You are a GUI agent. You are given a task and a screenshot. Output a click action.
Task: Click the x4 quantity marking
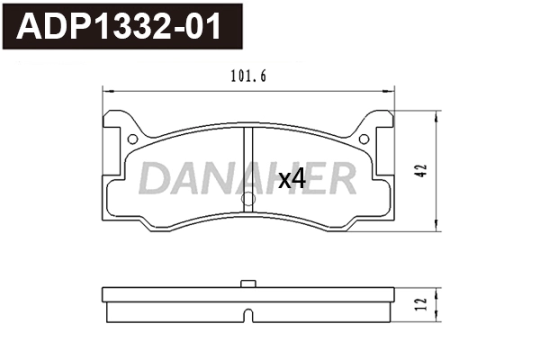pyautogui.click(x=292, y=179)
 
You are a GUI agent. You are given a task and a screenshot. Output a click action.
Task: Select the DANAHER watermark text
pyautogui.click(x=247, y=180)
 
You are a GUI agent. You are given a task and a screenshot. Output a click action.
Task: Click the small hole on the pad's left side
pyautogui.click(x=133, y=139)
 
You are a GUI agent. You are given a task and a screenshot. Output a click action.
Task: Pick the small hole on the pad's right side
pyautogui.click(x=364, y=139)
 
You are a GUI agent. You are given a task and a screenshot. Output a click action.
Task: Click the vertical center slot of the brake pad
pyautogui.click(x=248, y=162)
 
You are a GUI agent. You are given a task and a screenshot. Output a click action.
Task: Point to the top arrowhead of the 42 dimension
pyautogui.click(x=437, y=114)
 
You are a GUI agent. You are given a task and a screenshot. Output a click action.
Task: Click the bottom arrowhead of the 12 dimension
pyautogui.click(x=437, y=319)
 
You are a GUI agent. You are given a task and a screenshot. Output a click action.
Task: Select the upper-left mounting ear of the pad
pyautogui.click(x=114, y=126)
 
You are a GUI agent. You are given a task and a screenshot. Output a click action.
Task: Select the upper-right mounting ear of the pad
pyautogui.click(x=383, y=126)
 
